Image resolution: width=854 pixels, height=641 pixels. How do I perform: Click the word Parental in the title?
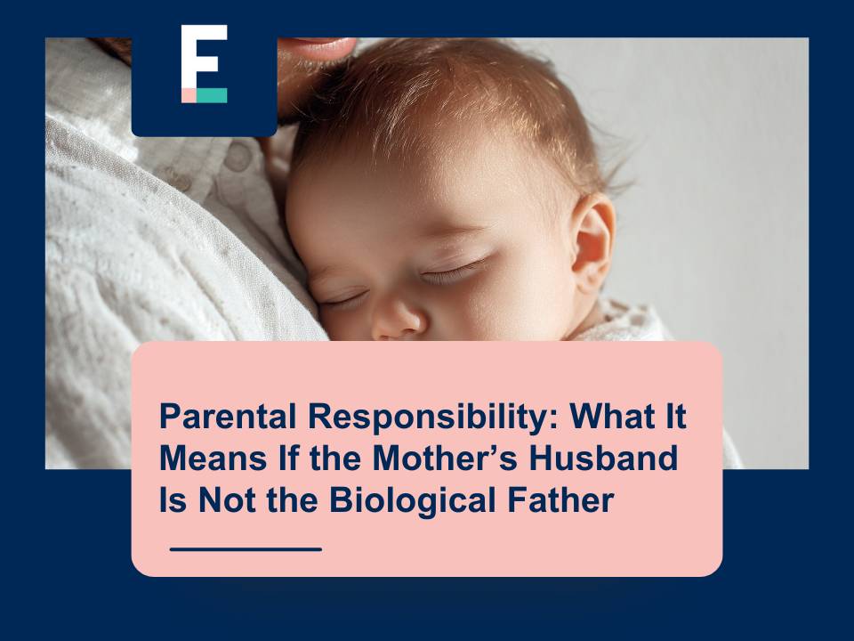pyautogui.click(x=228, y=417)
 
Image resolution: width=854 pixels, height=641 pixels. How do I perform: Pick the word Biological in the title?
pyautogui.click(x=413, y=501)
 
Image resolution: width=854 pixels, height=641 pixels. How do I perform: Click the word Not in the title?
pyautogui.click(x=227, y=500)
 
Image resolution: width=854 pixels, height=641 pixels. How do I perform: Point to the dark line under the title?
pyautogui.click(x=246, y=549)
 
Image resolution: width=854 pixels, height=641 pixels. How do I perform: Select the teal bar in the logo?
pyautogui.click(x=212, y=95)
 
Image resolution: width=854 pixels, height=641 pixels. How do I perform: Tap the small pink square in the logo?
pyautogui.click(x=189, y=95)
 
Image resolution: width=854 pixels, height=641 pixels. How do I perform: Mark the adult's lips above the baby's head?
pyautogui.click(x=320, y=45)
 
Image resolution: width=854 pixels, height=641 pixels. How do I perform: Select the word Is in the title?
pyautogui.click(x=173, y=500)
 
